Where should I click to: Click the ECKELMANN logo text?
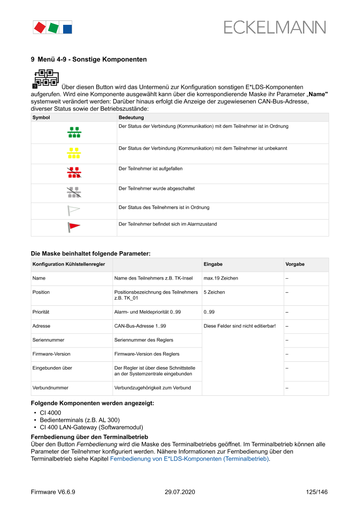[x=275, y=27]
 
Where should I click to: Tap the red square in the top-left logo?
[x=40, y=27]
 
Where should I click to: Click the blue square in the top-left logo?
[x=67, y=29]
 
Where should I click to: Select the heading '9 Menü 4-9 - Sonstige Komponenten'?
[x=89, y=59]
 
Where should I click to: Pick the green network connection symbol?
[x=74, y=132]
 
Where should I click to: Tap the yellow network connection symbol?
[x=74, y=153]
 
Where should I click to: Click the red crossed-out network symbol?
[x=74, y=173]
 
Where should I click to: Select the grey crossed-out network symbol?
[x=74, y=192]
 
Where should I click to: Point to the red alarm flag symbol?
[x=74, y=227]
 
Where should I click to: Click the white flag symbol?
[x=74, y=210]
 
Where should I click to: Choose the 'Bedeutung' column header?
[x=131, y=118]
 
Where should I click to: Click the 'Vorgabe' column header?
[x=295, y=264]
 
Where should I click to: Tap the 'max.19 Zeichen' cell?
[x=221, y=278]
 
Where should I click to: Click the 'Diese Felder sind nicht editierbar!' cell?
[x=239, y=326]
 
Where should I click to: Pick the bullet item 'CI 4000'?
[x=50, y=413]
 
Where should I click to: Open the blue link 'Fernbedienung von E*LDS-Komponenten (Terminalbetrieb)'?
[x=189, y=459]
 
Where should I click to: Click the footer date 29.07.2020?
[x=180, y=492]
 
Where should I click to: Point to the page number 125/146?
[x=316, y=492]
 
